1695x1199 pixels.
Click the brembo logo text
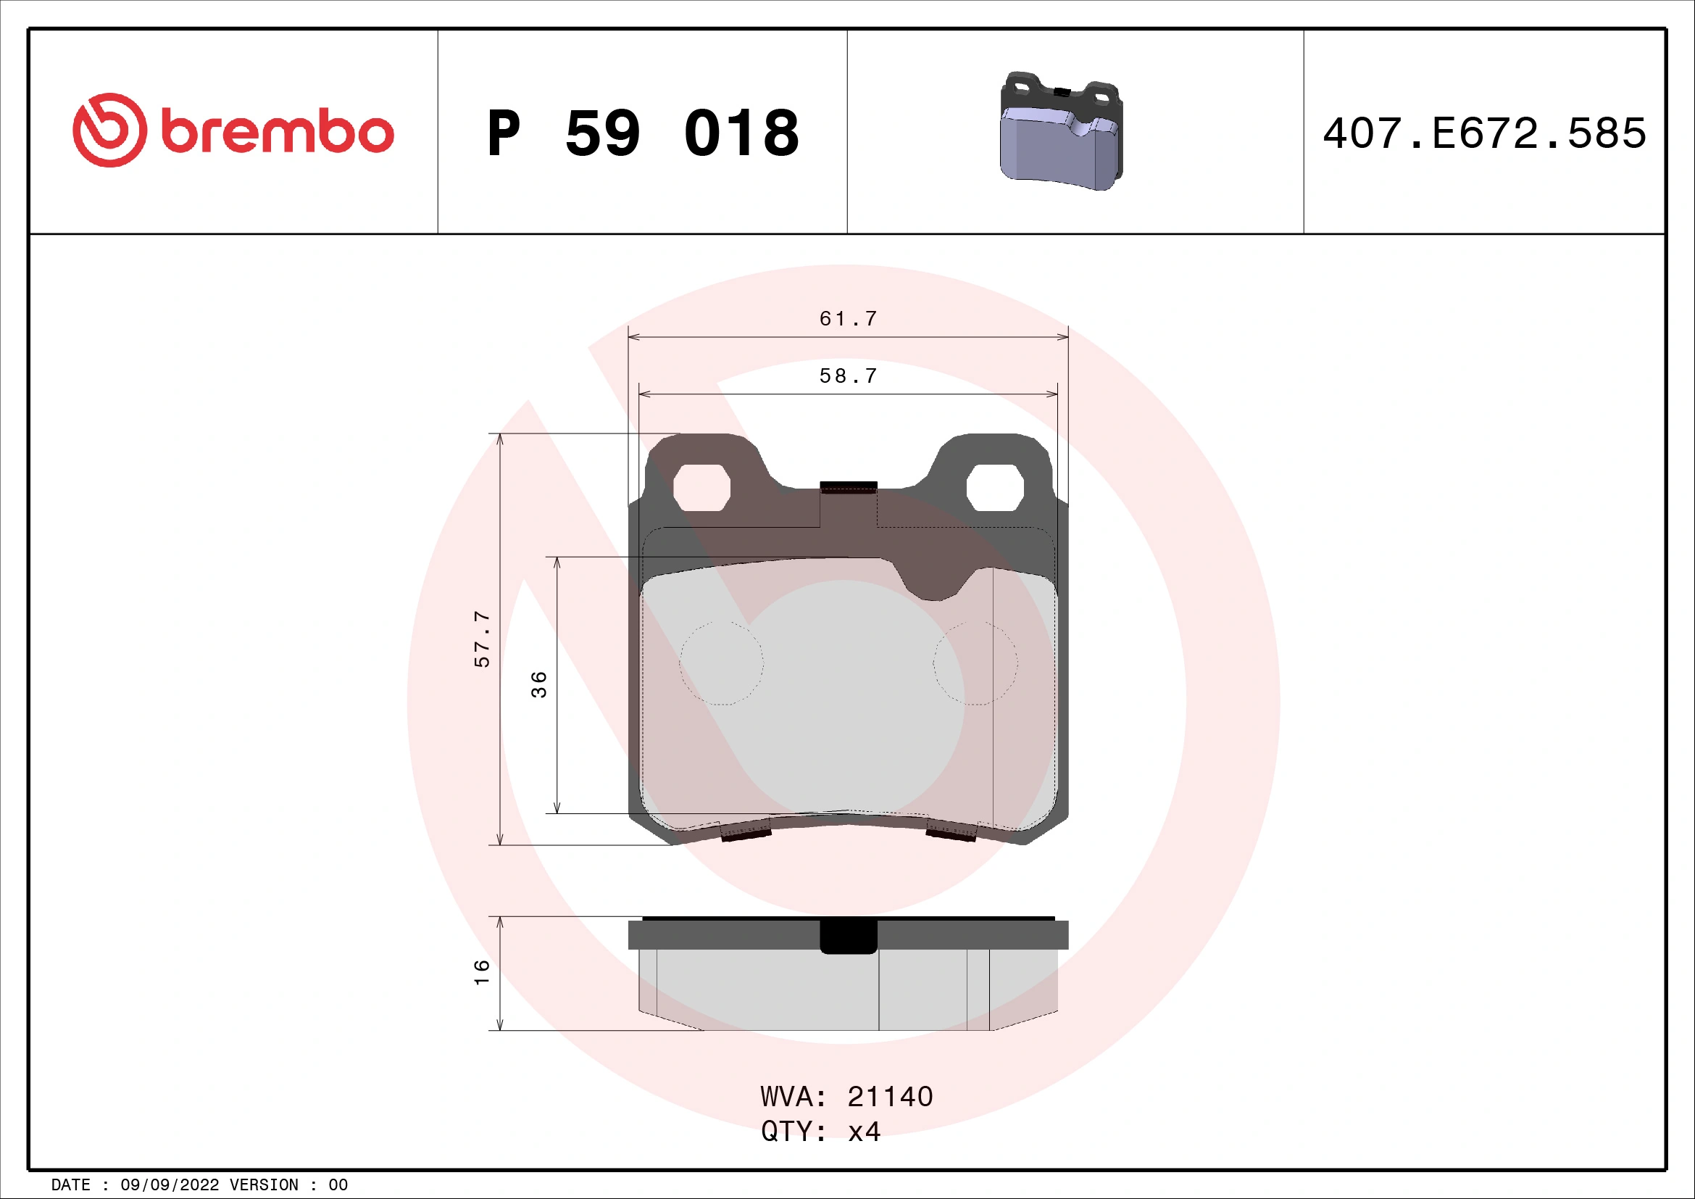(277, 133)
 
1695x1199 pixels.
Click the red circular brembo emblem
(109, 130)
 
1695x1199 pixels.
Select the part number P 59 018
(642, 133)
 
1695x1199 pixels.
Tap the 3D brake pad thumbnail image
(1061, 131)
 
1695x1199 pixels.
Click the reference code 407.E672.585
(1484, 133)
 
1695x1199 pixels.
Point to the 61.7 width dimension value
(849, 319)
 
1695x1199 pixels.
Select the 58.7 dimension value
(849, 376)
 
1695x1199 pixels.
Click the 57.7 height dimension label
(481, 639)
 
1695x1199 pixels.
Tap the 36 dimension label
(540, 684)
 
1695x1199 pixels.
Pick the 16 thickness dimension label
(481, 972)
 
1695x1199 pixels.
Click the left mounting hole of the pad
(701, 487)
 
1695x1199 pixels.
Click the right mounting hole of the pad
(994, 487)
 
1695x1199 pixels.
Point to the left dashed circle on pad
(721, 663)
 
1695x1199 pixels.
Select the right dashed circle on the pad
(975, 663)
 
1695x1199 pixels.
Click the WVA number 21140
(890, 1097)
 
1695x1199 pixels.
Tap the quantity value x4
(864, 1132)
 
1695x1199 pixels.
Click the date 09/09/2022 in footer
(169, 1185)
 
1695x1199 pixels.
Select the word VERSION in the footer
(264, 1185)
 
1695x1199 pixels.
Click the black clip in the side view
(849, 936)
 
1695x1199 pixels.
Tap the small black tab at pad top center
(849, 487)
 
